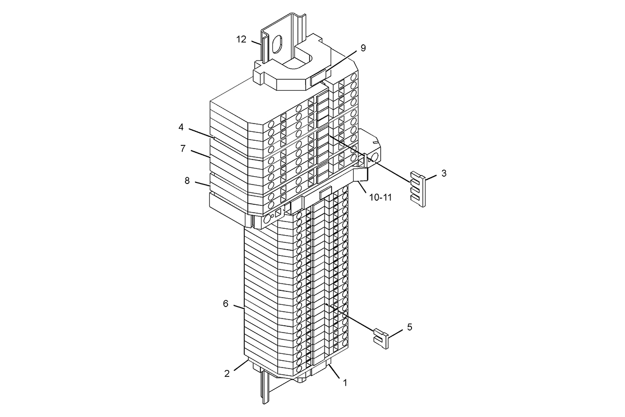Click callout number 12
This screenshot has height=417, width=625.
pos(241,40)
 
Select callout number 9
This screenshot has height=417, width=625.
pos(363,48)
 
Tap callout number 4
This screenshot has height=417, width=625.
pos(181,127)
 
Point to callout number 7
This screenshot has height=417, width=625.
pos(183,149)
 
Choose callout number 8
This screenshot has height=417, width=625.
pos(187,181)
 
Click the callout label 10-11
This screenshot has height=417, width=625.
pos(381,198)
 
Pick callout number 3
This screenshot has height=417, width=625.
pos(444,173)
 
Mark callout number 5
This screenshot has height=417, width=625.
pos(409,327)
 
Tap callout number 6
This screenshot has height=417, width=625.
pos(226,303)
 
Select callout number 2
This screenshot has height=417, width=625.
pos(227,373)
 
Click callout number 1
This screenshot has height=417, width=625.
pos(345,383)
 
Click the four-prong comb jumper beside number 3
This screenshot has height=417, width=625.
pos(418,189)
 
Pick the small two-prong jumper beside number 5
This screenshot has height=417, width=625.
pos(381,339)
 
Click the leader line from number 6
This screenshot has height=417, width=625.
pos(239,307)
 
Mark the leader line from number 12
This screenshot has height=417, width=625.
pos(256,43)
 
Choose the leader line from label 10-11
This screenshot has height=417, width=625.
pos(362,187)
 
